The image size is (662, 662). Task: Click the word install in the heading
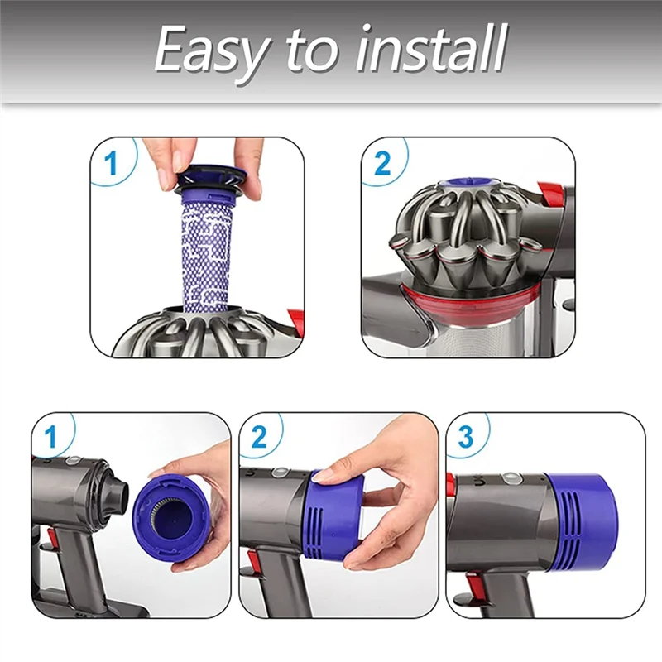(x=431, y=47)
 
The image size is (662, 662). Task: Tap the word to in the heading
(x=312, y=50)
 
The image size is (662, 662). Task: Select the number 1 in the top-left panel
(x=111, y=163)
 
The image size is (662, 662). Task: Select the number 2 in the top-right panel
(x=382, y=163)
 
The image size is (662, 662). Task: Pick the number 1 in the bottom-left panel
(x=50, y=437)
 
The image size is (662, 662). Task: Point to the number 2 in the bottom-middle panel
(x=258, y=437)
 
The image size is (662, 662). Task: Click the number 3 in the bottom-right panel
(x=465, y=437)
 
